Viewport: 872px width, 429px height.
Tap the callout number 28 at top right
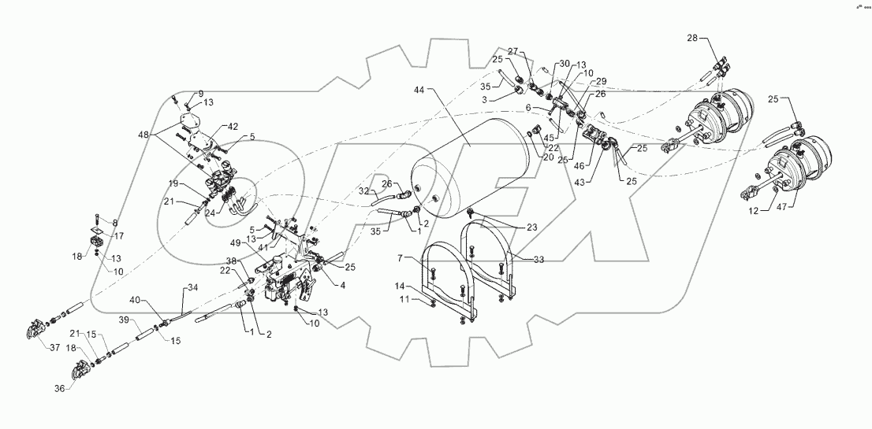tap(691, 37)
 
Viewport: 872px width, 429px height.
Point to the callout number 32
tap(364, 191)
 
